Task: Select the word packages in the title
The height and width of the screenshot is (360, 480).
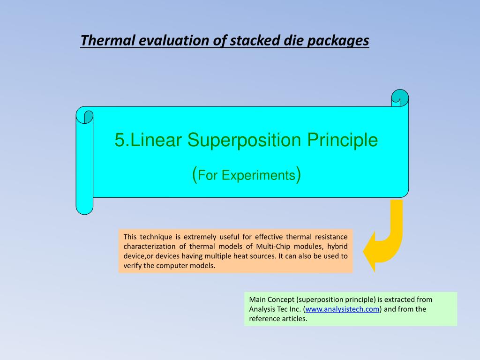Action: click(338, 41)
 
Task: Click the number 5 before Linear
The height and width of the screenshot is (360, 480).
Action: click(120, 140)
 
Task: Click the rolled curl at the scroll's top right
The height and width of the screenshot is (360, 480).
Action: click(400, 98)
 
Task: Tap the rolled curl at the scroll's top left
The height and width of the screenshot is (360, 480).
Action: click(84, 115)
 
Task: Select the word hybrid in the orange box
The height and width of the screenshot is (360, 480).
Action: click(337, 247)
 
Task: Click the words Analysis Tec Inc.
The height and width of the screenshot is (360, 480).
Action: click(275, 309)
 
